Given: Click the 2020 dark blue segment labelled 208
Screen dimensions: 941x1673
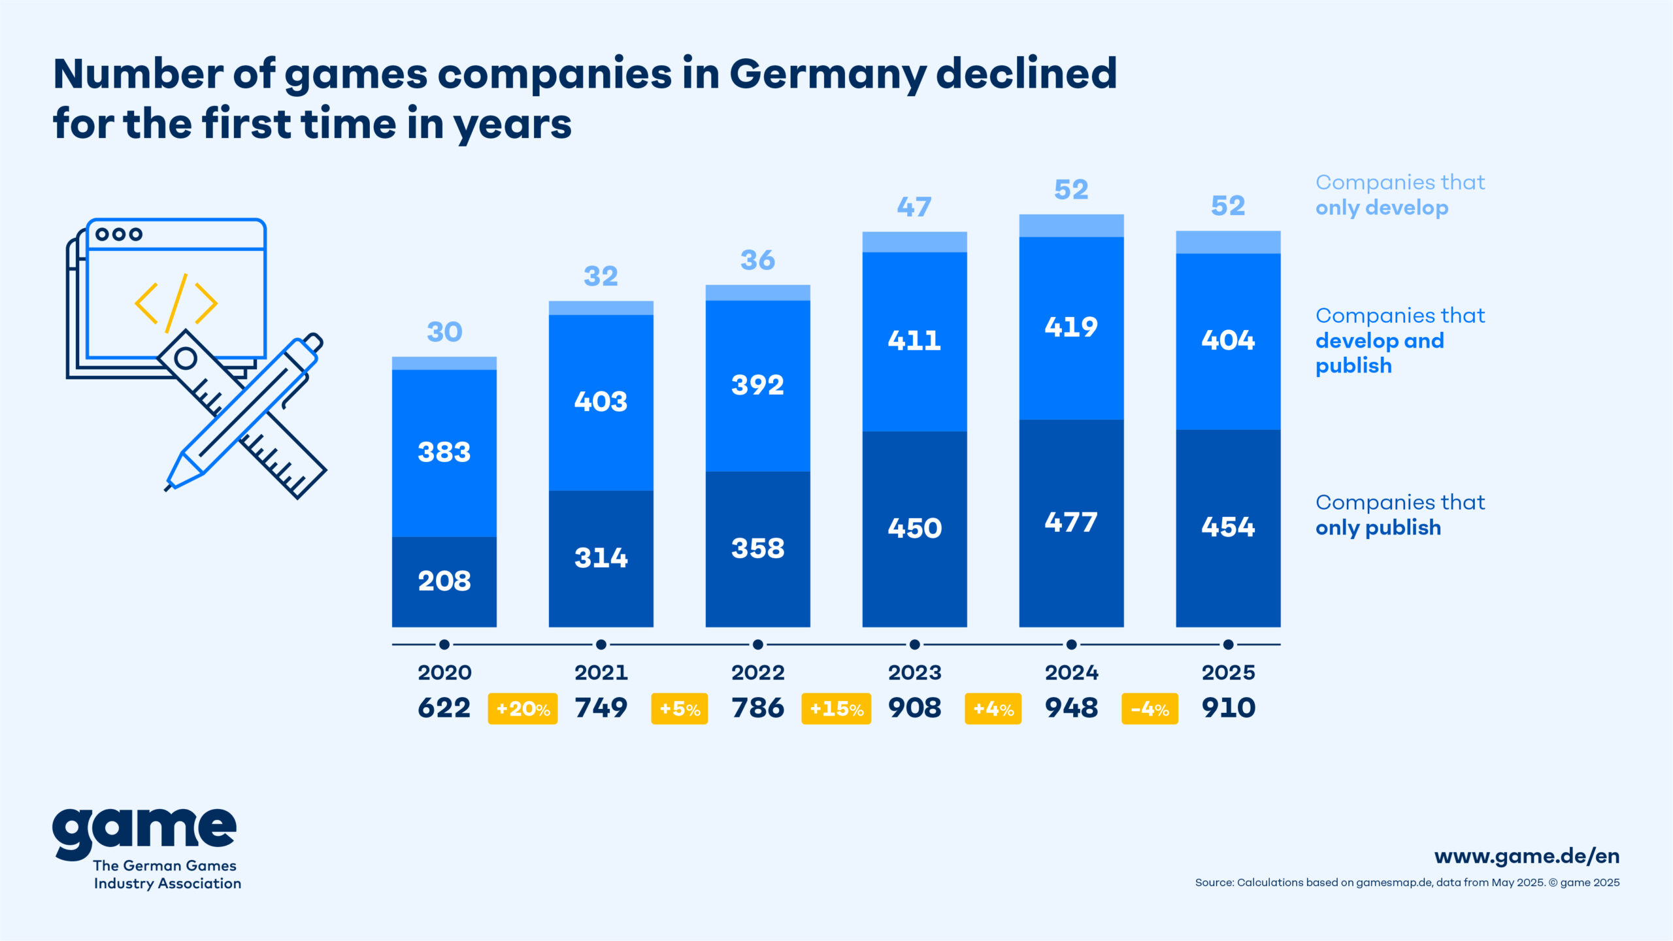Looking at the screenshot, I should [444, 581].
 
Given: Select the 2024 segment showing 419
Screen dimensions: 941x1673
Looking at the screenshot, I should [1071, 327].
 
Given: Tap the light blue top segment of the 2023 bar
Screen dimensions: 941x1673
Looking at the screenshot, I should [914, 242].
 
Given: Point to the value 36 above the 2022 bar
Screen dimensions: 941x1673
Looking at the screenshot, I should [757, 260].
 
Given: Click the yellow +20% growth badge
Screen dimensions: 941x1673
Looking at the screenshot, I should [523, 709].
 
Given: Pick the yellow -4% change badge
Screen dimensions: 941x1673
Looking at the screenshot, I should [1150, 709].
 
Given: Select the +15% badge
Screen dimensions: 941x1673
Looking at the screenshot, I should [836, 709].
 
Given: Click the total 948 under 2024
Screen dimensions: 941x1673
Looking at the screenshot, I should [1071, 708].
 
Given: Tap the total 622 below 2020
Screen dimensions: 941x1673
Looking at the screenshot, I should [444, 708].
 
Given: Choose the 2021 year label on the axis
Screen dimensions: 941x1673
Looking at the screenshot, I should [601, 672].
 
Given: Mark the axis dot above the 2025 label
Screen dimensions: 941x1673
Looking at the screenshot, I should [1228, 645].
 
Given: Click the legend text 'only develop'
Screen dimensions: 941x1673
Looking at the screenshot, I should [1382, 208].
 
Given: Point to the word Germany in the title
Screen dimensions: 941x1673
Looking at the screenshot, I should [827, 74].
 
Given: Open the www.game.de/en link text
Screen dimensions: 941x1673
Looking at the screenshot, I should [1527, 856].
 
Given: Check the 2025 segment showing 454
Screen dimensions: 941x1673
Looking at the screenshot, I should [1228, 527].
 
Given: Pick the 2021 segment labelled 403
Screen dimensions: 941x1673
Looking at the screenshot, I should [601, 401].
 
